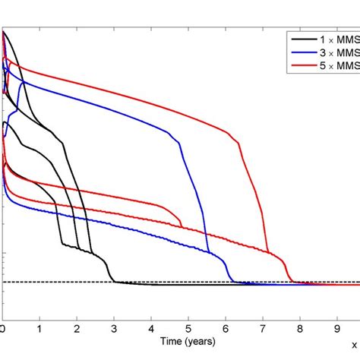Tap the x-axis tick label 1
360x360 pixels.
tap(40, 329)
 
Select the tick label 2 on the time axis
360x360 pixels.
tap(77, 329)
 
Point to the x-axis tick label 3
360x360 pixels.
tap(115, 329)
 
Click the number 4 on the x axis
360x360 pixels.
tap(151, 329)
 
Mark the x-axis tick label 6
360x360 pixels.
tap(226, 329)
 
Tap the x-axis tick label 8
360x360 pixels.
tap(299, 329)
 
